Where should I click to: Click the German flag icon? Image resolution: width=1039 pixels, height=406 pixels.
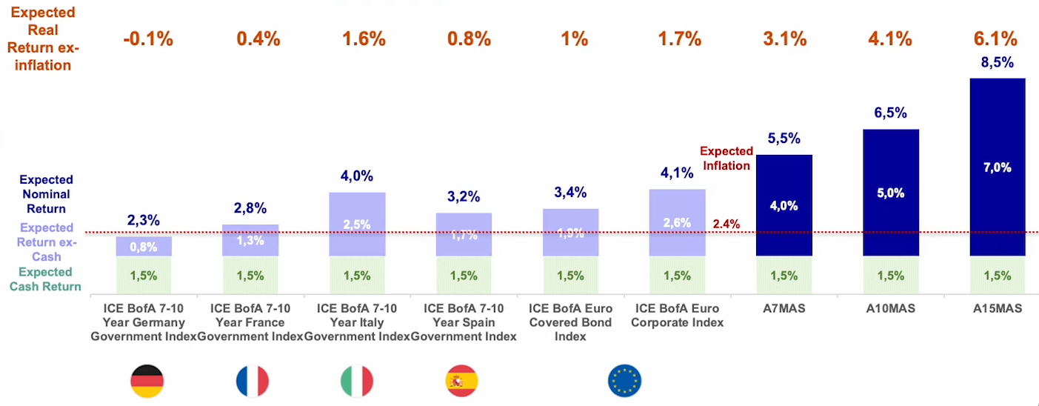point(147,382)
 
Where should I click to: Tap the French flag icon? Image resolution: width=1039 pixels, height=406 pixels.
point(253,382)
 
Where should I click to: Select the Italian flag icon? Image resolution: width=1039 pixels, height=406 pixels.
point(357,382)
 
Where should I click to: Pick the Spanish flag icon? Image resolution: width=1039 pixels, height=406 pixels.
point(462,382)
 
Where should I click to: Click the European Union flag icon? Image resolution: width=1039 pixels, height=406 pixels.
point(624,382)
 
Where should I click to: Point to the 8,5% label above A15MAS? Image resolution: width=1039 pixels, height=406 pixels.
point(997,63)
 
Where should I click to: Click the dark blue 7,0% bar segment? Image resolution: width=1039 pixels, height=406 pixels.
point(997,167)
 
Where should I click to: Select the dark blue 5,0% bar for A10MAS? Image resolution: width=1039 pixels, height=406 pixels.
point(890,193)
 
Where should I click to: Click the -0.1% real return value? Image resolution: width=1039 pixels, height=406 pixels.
point(148,39)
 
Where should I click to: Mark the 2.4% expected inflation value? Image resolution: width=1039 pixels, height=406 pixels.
point(726,224)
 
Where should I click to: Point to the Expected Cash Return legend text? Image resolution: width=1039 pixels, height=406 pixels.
point(46,279)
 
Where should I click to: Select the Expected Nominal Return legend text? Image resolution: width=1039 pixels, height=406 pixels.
point(46,194)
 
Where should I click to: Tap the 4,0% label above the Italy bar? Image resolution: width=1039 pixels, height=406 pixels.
point(357,176)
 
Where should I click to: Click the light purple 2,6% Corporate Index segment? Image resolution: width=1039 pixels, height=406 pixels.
point(677,222)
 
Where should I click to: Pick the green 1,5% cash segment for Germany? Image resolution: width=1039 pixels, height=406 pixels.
point(144,276)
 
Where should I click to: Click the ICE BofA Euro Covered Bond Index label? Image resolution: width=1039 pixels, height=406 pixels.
point(570,322)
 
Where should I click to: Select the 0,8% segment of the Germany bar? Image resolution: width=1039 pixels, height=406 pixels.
point(144,246)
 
